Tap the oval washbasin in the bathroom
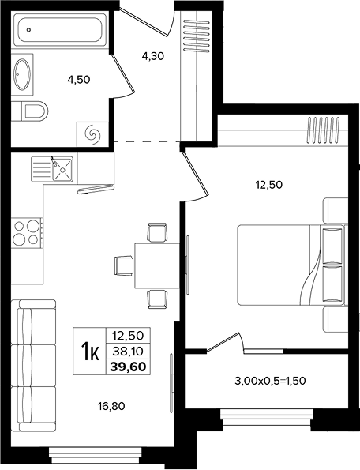22,74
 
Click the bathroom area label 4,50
79,80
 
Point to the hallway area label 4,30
153,56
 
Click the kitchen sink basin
62,169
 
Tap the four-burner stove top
26,232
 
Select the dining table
157,265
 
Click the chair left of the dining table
124,265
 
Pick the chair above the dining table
156,231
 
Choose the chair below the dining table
156,299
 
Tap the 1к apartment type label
90,351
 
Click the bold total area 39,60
128,367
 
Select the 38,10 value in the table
128,350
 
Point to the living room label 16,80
111,407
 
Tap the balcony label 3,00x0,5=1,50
270,381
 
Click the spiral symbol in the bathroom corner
92,133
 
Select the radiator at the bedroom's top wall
324,129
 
